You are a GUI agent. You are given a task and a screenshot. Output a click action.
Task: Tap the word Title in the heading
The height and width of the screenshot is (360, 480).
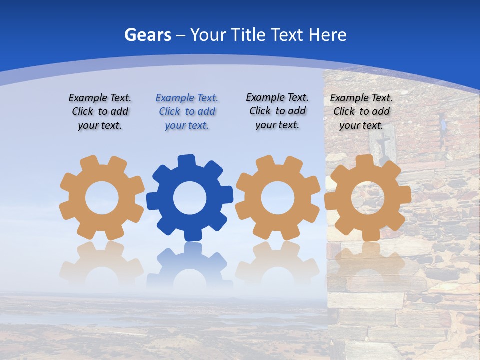pyautogui.click(x=247, y=35)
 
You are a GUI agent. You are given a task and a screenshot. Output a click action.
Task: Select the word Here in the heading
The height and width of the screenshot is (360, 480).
pyautogui.click(x=327, y=35)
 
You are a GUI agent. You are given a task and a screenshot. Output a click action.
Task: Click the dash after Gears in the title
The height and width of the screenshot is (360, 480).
pyautogui.click(x=181, y=35)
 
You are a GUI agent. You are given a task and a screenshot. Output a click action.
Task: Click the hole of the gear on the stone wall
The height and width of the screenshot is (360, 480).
pyautogui.click(x=368, y=198)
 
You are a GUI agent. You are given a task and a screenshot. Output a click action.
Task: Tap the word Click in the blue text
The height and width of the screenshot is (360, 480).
pyautogui.click(x=170, y=111)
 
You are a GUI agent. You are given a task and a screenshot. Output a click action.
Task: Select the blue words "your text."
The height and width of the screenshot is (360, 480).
pyautogui.click(x=187, y=125)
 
